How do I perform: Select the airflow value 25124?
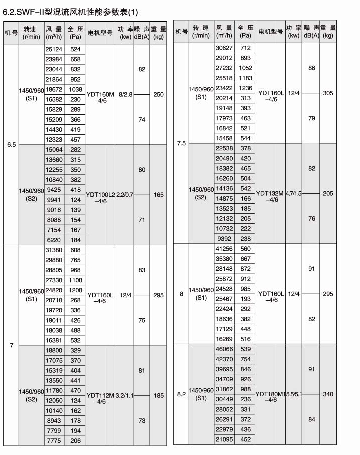(x=54, y=49)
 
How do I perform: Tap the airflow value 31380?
(x=54, y=250)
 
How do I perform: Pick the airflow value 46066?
(x=225, y=349)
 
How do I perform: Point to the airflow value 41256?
(x=225, y=249)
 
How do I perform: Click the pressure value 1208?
(x=75, y=290)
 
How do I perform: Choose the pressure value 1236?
(x=245, y=88)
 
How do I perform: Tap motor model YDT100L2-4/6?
(x=100, y=197)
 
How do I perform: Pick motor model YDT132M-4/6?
(x=270, y=196)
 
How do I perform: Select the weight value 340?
(x=328, y=394)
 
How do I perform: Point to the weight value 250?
(x=158, y=94)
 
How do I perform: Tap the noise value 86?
(x=312, y=68)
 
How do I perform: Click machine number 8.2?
(x=181, y=394)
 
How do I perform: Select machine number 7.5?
(x=181, y=143)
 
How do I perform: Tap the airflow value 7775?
(x=54, y=440)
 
